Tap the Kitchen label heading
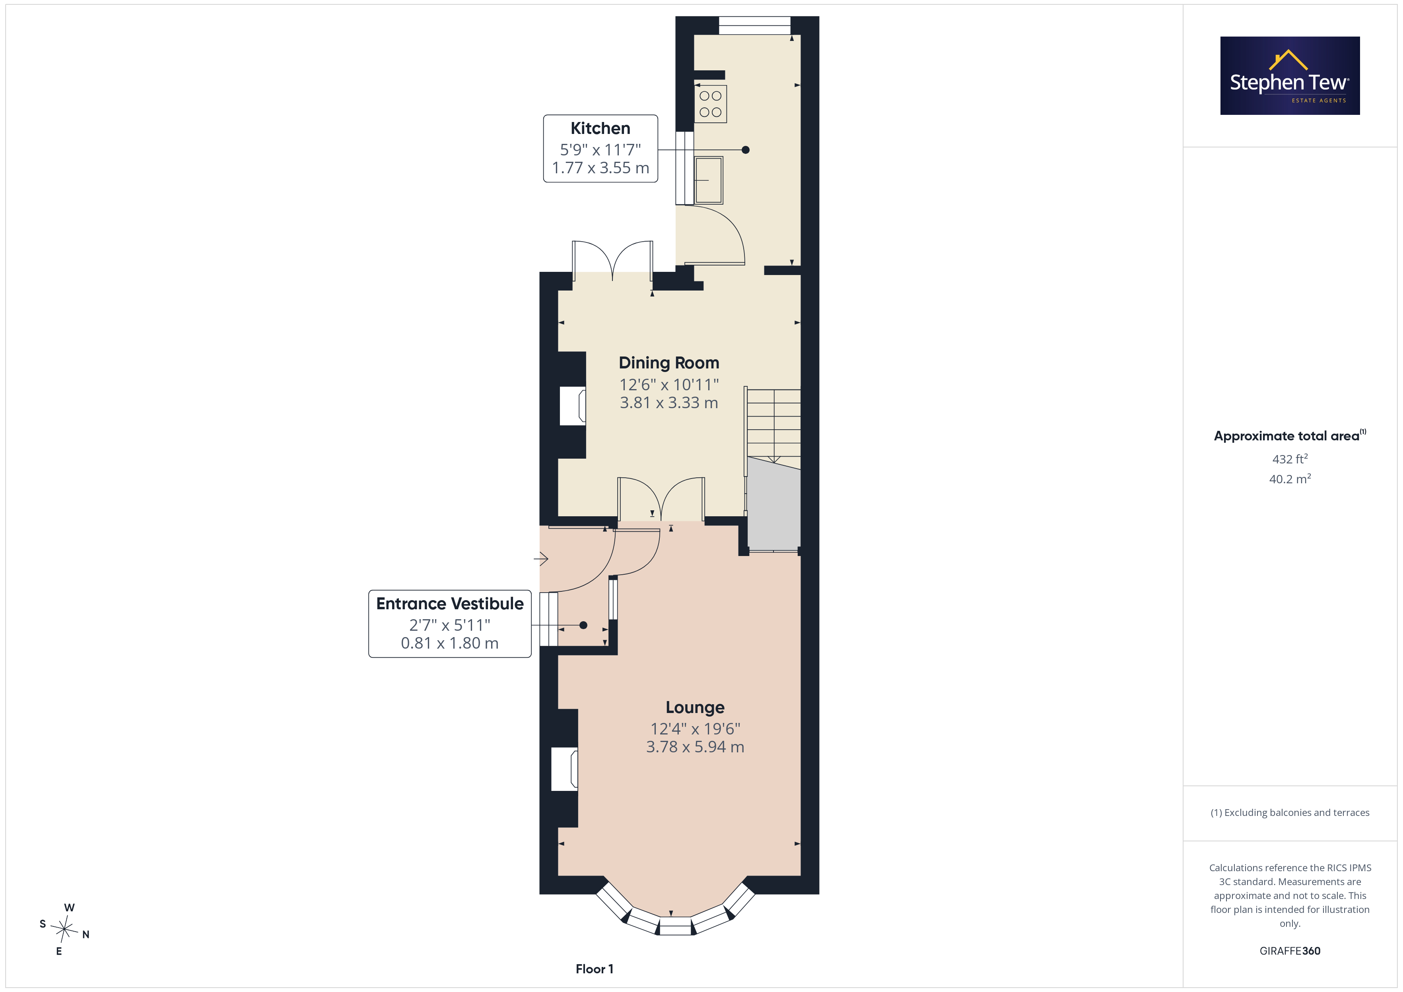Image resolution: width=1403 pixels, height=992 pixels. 600,128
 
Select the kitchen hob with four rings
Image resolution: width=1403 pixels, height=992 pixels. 710,104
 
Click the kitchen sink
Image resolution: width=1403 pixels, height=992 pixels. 709,180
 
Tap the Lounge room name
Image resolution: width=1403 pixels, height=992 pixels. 695,707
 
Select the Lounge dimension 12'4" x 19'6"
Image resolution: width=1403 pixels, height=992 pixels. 695,729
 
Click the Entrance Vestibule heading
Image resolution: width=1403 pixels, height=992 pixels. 450,604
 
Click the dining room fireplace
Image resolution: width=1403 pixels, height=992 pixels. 573,406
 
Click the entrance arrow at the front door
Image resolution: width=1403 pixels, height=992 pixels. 541,558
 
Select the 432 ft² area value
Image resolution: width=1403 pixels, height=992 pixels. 1290,459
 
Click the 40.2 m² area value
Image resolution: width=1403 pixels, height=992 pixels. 1290,479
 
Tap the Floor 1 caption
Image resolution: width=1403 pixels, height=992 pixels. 594,969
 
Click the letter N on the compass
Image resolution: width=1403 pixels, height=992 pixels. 86,935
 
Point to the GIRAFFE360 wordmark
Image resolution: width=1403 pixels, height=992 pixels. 1290,951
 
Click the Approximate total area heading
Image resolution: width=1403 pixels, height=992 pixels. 1290,436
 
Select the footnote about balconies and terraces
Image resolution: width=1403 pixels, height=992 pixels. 1290,812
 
